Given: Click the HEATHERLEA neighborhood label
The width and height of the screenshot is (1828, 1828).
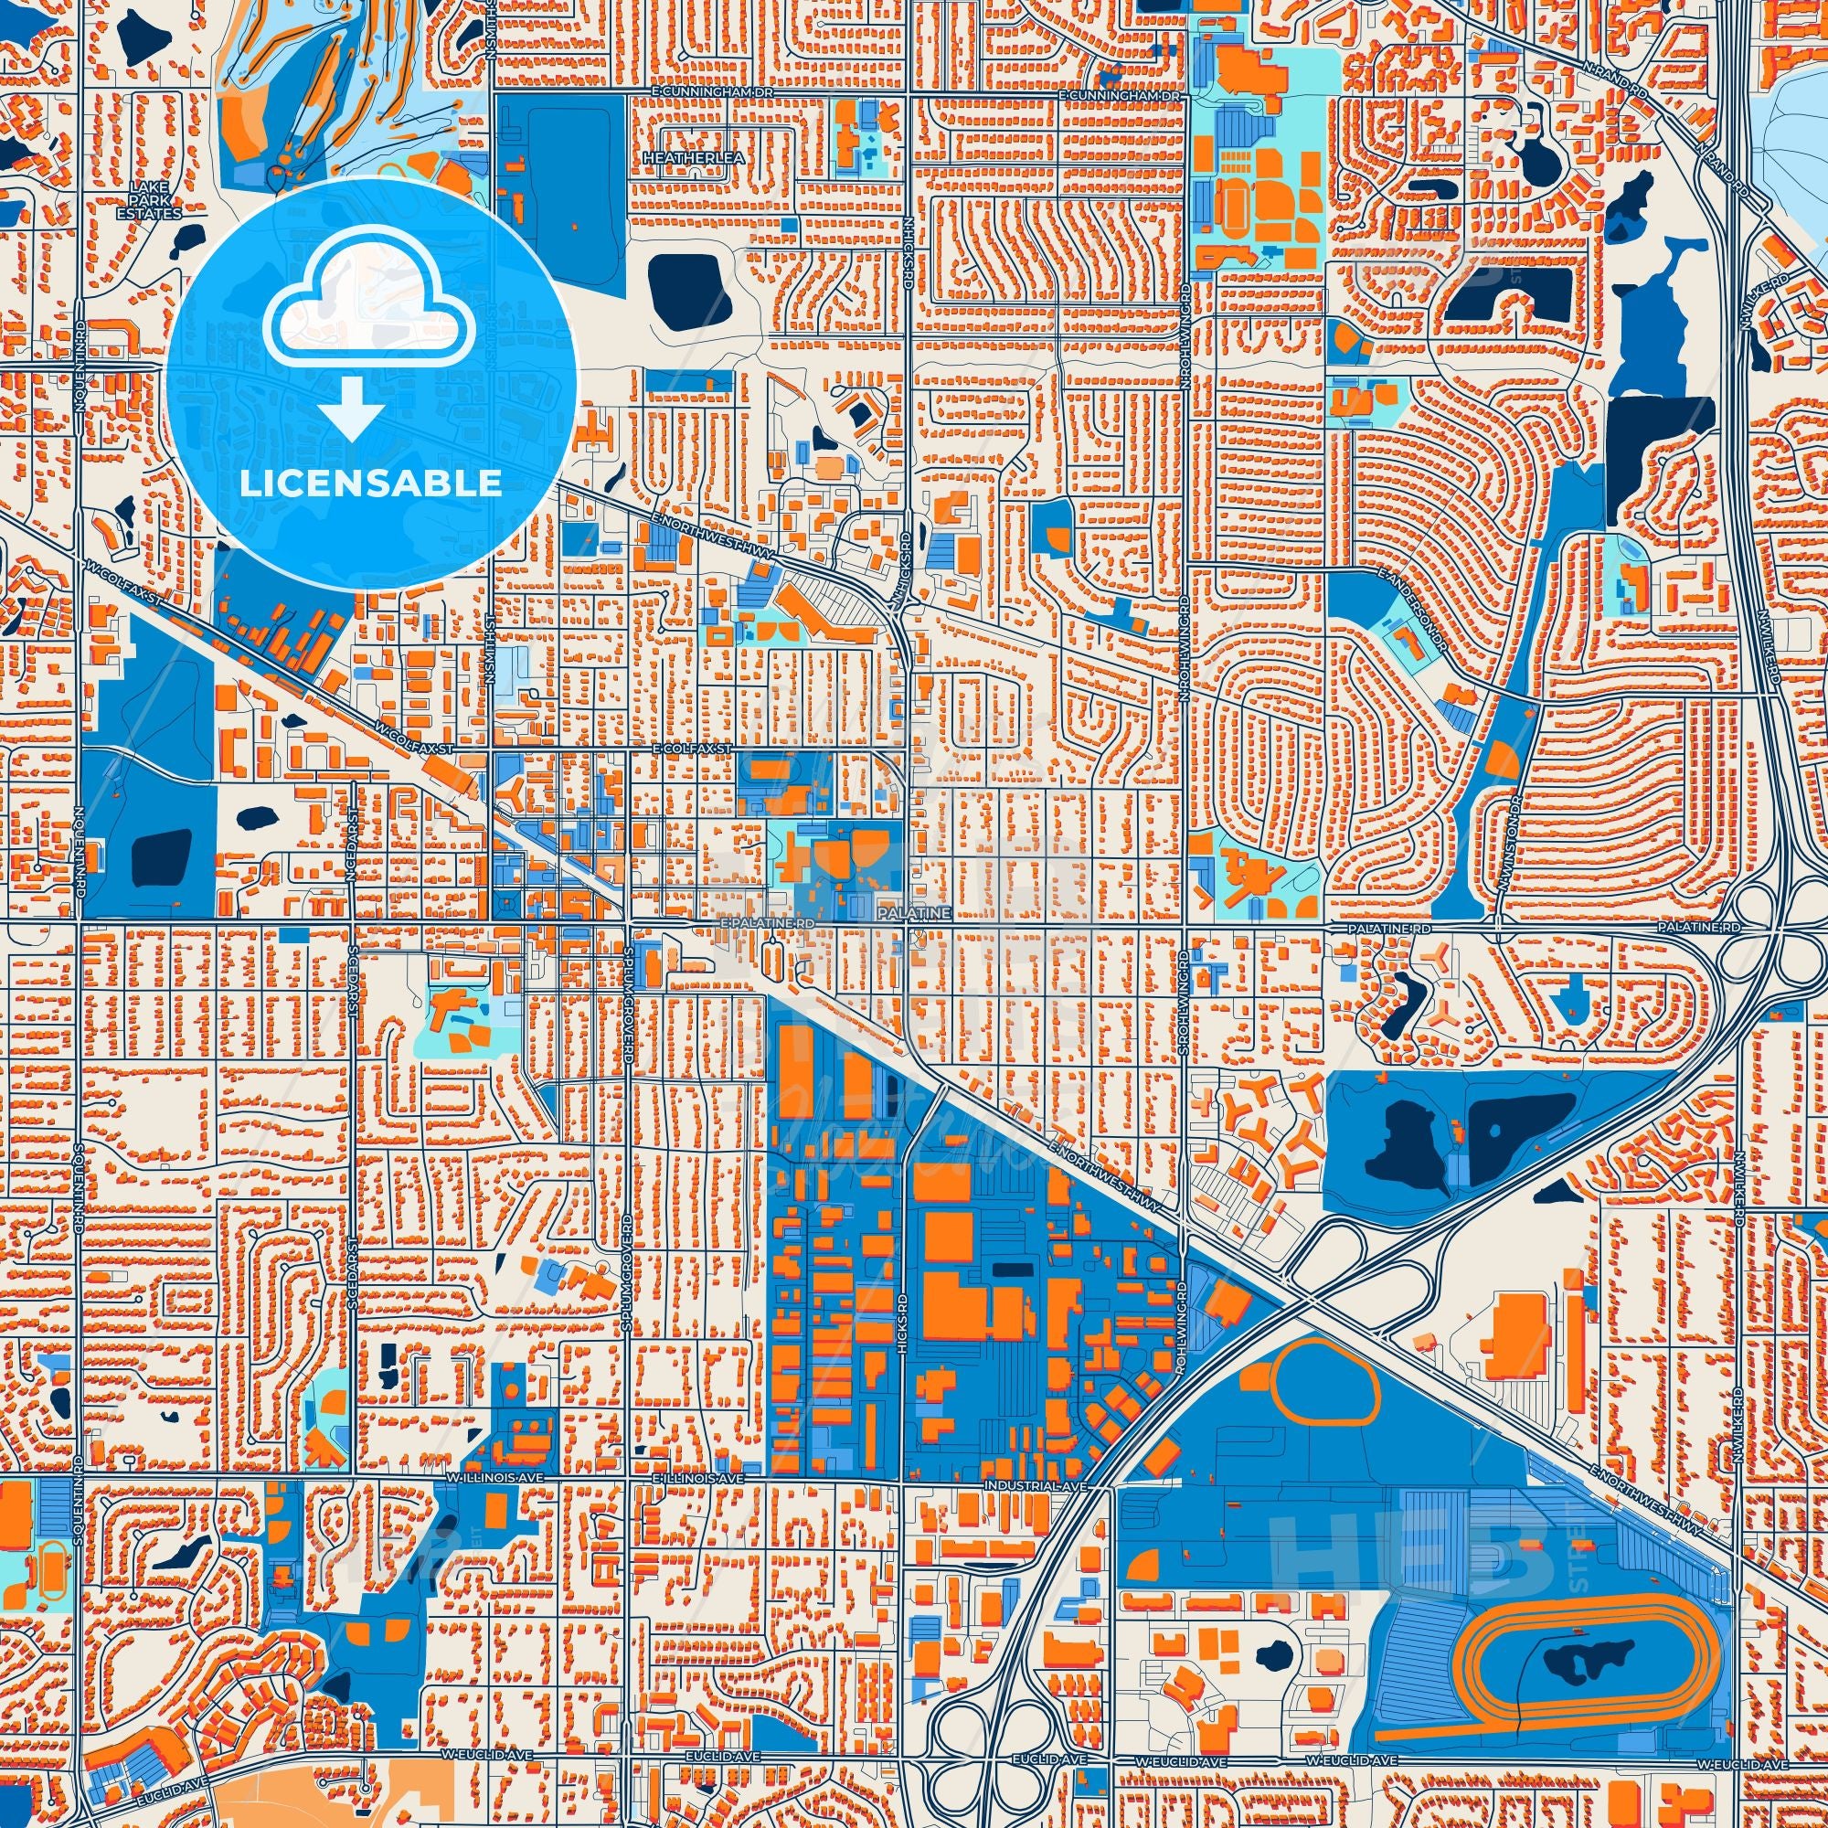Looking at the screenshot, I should [679, 158].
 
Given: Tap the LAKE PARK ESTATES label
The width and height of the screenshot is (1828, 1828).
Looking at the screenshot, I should [156, 200].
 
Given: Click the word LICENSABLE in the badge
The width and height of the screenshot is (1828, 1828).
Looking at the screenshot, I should [371, 484].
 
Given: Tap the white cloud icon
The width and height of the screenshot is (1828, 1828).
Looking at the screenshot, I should [371, 314].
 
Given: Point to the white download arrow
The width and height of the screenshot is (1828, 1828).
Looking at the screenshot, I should [351, 408].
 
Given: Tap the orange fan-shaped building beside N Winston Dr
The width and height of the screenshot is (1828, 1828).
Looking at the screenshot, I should [1498, 760].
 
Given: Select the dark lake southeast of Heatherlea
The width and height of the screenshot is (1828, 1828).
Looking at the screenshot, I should [690, 292].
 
